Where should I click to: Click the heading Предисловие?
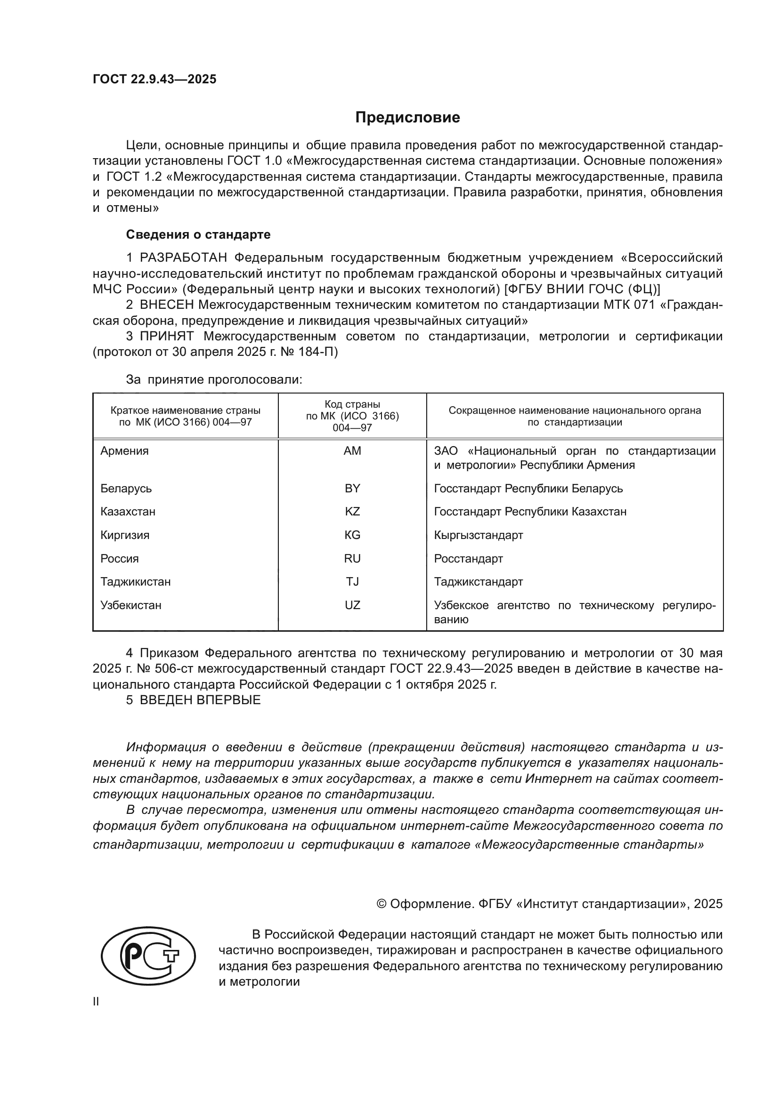tap(407, 118)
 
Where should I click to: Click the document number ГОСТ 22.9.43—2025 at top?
tap(154, 79)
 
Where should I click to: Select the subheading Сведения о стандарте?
tap(198, 234)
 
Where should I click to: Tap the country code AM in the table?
tap(352, 451)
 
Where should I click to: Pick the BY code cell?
tap(352, 488)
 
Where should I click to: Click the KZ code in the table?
tap(352, 512)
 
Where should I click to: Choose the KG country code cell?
tap(352, 535)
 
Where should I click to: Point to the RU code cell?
tap(352, 559)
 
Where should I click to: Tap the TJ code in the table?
tap(352, 582)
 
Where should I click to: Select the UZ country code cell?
tap(352, 605)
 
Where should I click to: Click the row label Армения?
tap(124, 451)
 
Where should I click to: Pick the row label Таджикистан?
tap(135, 582)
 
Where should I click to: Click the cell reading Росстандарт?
tap(468, 559)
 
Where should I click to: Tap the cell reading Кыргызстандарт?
tap(478, 535)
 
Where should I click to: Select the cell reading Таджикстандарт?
tap(478, 582)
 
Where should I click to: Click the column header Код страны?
tap(352, 404)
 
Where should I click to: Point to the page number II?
tap(96, 1002)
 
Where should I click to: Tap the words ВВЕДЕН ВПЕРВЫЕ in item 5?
tap(200, 699)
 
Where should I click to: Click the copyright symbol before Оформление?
tap(381, 904)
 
